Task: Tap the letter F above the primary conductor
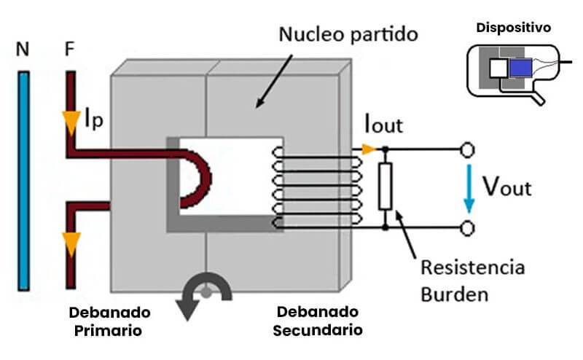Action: [x=70, y=51]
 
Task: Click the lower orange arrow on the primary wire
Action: [x=71, y=243]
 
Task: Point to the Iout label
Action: [x=383, y=125]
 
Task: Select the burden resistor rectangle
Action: [x=386, y=187]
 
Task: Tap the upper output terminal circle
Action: [x=469, y=150]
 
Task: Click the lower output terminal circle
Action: [x=469, y=228]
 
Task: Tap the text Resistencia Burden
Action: [x=473, y=281]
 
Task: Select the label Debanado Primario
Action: [x=109, y=321]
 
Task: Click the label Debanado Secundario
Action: [x=318, y=321]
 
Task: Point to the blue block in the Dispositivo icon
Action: [x=520, y=69]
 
